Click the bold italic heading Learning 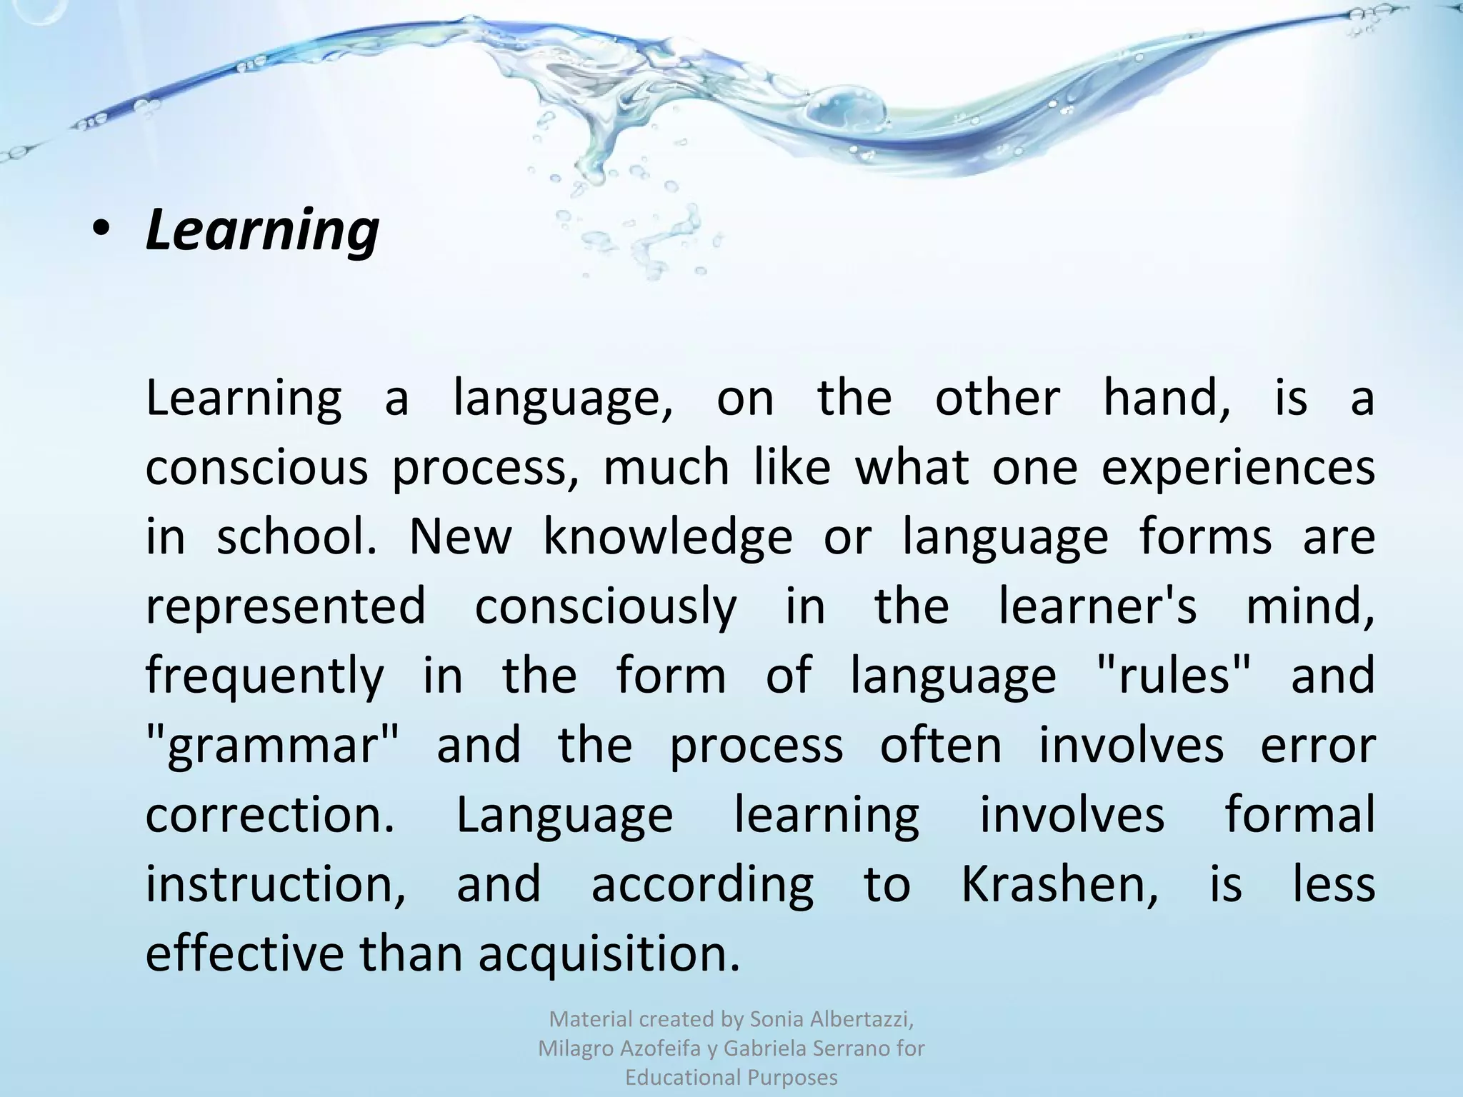[262, 231]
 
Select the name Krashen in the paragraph [1059, 885]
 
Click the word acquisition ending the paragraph [608, 954]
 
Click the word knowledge [668, 537]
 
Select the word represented [286, 606]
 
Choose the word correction [269, 815]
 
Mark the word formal [1299, 815]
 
